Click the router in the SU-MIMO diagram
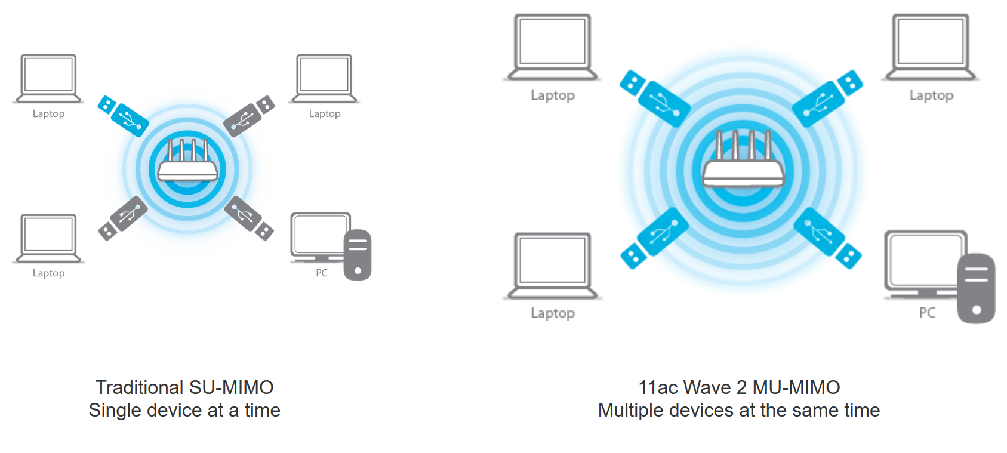coord(187,169)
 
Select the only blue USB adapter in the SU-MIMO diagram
coord(123,116)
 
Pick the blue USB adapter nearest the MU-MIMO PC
coord(827,238)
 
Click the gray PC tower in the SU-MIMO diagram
coord(358,255)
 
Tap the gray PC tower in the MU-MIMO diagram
coord(976,288)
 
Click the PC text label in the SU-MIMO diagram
coord(322,273)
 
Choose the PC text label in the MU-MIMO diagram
coord(927,313)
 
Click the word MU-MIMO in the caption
coord(796,387)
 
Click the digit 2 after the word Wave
coord(742,387)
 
